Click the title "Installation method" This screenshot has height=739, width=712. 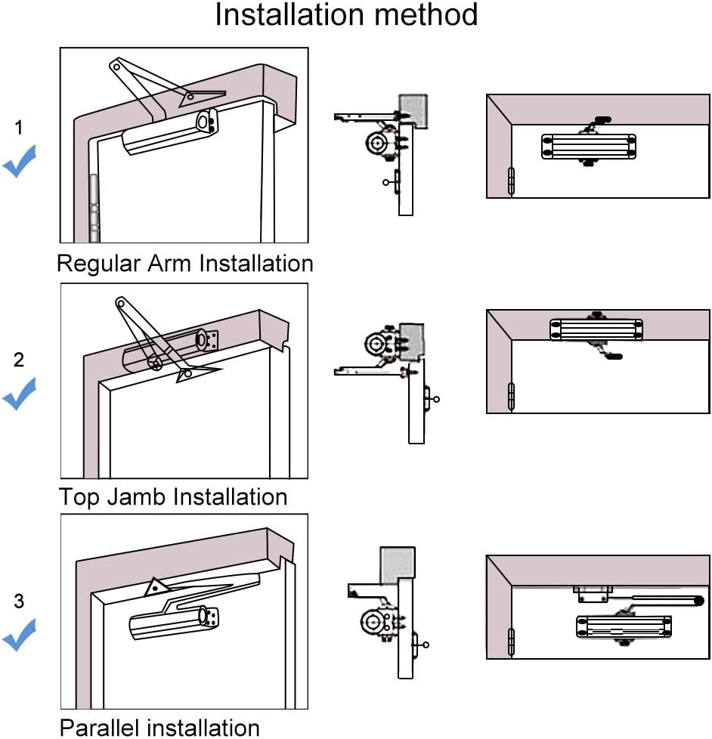click(346, 15)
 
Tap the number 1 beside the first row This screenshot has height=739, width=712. click(20, 128)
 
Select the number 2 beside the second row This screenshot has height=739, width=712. click(20, 360)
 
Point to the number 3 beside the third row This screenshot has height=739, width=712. click(20, 601)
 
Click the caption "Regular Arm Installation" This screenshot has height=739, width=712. click(184, 264)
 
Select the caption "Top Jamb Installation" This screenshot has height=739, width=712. click(173, 497)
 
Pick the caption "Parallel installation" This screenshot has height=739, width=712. click(159, 728)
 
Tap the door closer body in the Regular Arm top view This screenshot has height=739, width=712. click(588, 147)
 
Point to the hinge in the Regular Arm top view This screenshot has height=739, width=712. click(512, 182)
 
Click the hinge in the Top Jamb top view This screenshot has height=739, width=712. click(512, 396)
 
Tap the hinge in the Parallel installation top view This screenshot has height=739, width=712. click(512, 642)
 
